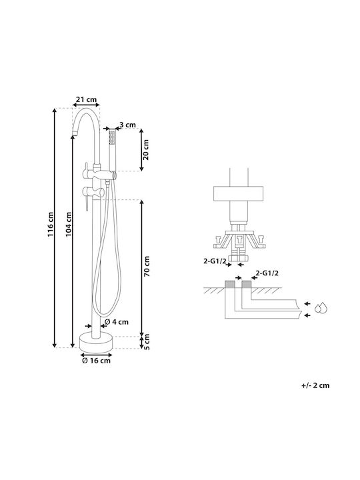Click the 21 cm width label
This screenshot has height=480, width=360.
(86, 99)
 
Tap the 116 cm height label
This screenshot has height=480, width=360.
(51, 224)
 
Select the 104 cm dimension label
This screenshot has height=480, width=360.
(69, 224)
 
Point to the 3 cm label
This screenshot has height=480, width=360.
(127, 125)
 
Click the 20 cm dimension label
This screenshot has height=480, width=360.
(146, 150)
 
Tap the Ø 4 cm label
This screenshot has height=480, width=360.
(117, 322)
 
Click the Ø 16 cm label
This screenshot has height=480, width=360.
(96, 361)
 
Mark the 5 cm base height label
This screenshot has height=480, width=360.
(147, 342)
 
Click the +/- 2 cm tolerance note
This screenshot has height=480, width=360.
(315, 385)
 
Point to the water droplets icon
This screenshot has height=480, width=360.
(322, 307)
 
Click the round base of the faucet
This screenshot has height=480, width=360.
(96, 342)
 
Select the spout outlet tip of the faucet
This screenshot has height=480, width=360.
(75, 133)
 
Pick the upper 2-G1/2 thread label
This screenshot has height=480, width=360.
(215, 261)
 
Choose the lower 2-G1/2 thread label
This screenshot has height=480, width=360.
(267, 273)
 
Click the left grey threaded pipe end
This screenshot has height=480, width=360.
(230, 284)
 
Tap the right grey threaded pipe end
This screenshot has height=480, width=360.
(247, 284)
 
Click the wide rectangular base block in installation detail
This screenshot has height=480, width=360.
(238, 194)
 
